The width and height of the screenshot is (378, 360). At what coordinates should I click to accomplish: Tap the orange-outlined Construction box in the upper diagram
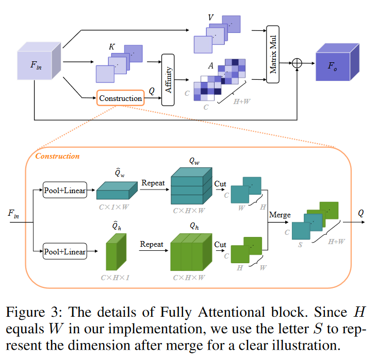click(x=121, y=98)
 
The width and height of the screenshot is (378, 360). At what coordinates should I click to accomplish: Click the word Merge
click(x=280, y=215)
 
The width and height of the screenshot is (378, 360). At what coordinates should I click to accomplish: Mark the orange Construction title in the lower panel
click(x=57, y=156)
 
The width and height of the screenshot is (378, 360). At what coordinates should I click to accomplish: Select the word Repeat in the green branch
click(x=151, y=244)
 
